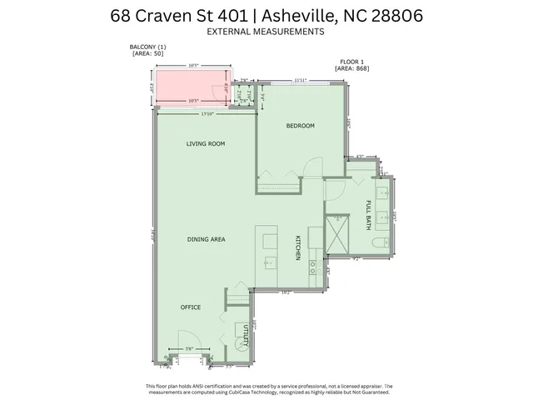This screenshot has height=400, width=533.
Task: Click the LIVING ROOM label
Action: click(206, 143)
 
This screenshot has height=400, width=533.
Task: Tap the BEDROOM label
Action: click(300, 126)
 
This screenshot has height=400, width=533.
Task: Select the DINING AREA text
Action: click(206, 239)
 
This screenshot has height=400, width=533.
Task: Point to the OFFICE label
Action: click(191, 307)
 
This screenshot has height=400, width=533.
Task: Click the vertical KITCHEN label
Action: click(296, 247)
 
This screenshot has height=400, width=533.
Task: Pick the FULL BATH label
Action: click(367, 215)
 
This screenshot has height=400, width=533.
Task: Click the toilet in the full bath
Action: click(377, 243)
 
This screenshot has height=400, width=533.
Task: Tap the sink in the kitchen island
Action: click(270, 262)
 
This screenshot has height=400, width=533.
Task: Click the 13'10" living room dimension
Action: click(207, 112)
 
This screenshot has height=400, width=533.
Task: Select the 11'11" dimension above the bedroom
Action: click(301, 80)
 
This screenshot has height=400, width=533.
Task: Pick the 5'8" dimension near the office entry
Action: click(189, 348)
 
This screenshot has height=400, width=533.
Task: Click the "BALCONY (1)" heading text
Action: click(147, 47)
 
